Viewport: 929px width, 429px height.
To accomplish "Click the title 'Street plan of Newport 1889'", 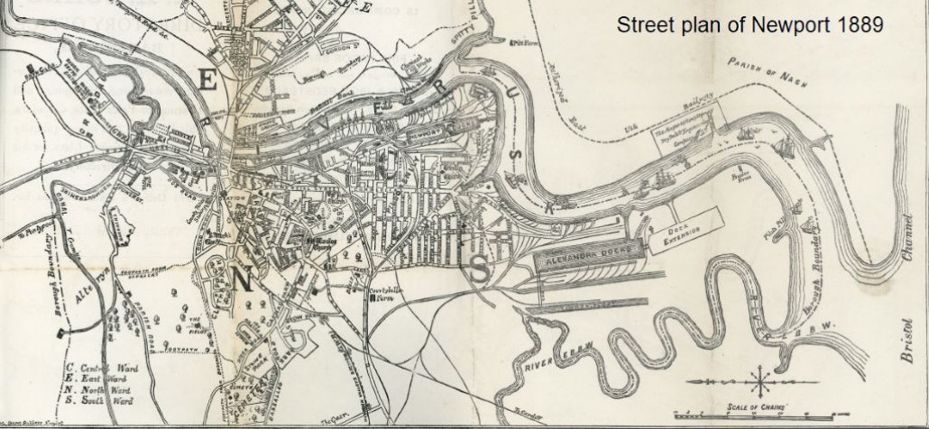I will [750, 25].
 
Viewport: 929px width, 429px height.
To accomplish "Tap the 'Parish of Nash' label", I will [763, 71].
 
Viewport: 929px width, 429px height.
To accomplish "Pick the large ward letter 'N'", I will [242, 279].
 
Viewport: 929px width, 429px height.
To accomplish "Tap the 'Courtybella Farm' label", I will [391, 297].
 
